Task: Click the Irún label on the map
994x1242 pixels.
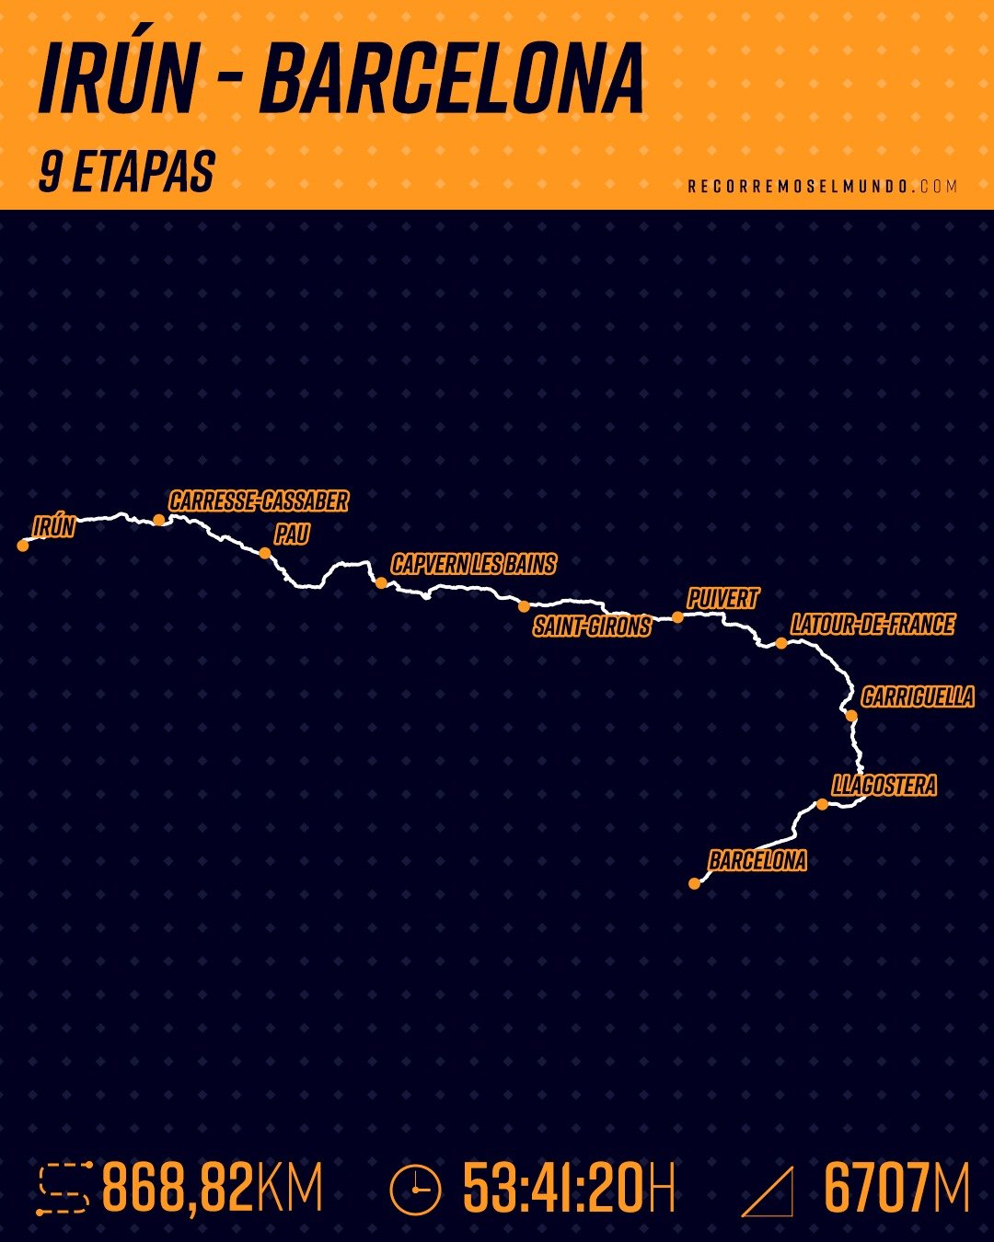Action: (53, 527)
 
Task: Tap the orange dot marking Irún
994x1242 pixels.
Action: (23, 546)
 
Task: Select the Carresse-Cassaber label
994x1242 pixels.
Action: (259, 501)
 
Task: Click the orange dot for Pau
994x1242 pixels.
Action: (265, 553)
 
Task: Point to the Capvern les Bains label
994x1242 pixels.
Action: (473, 564)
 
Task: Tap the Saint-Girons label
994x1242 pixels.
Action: (592, 627)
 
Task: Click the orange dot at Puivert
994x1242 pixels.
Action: (678, 617)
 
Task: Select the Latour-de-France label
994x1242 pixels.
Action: (872, 625)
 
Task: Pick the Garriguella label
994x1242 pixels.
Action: (918, 696)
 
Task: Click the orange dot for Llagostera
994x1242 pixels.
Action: (822, 805)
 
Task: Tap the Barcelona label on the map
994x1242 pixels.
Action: (757, 861)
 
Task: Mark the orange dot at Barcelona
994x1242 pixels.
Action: (695, 884)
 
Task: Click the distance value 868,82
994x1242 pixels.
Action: (178, 1188)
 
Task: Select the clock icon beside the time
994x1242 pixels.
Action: (415, 1190)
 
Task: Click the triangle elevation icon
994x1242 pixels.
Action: (769, 1191)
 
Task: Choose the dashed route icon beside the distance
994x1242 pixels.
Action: (64, 1189)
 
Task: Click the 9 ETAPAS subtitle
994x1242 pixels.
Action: (127, 172)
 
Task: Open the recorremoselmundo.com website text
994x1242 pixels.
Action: (823, 186)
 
